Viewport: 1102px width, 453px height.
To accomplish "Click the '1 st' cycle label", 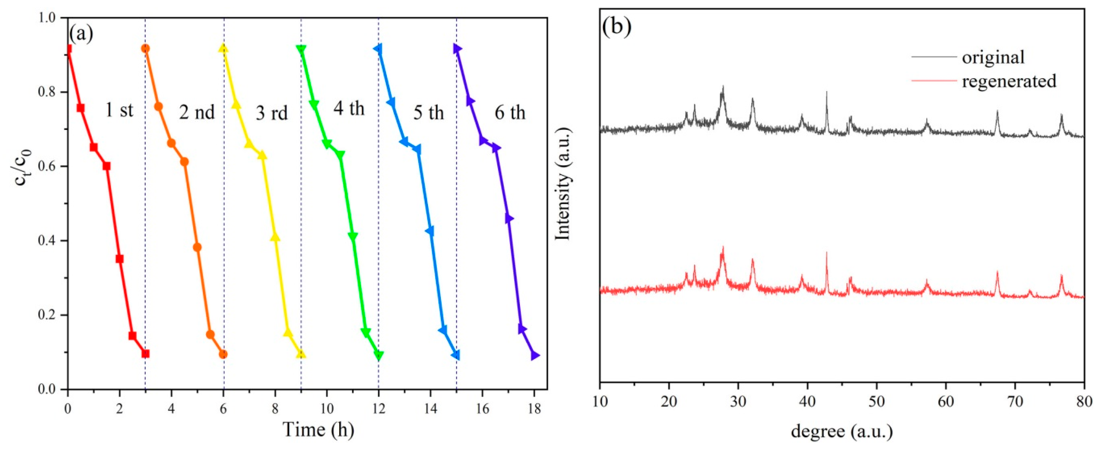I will click(x=119, y=110).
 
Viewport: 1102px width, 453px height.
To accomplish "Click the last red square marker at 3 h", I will click(x=145, y=353).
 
